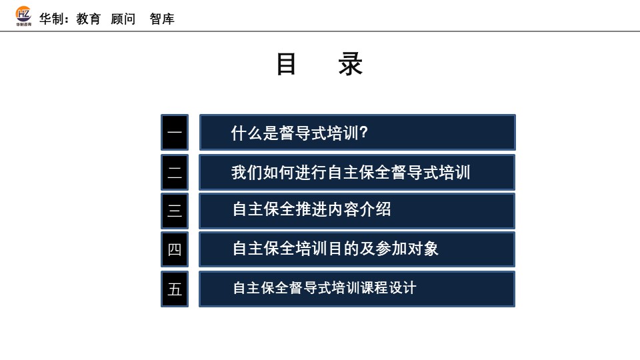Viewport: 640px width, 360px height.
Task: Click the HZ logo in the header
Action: coord(23,16)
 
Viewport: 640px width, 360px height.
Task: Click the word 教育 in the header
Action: coord(89,19)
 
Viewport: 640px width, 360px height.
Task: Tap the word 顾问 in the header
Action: coord(123,19)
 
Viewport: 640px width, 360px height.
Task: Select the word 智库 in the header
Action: coord(162,19)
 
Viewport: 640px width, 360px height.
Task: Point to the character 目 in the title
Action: coord(287,65)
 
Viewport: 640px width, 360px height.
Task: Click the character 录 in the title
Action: coord(351,65)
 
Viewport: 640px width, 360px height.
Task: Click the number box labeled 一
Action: coord(175,133)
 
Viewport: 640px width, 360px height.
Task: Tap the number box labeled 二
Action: coord(175,172)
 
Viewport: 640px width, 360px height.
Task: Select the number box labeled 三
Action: coord(175,211)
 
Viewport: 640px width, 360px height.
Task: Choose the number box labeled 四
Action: coord(175,249)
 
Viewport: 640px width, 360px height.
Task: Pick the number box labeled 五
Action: coord(175,289)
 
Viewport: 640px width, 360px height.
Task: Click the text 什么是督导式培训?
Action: coord(299,133)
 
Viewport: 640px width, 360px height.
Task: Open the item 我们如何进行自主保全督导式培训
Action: coord(351,173)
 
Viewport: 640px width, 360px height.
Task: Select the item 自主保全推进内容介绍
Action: coord(311,210)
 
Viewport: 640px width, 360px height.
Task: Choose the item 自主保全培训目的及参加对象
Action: coord(335,249)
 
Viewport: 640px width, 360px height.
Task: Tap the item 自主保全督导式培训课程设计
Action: coord(324,288)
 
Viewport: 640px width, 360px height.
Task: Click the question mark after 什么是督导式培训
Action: coord(364,133)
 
